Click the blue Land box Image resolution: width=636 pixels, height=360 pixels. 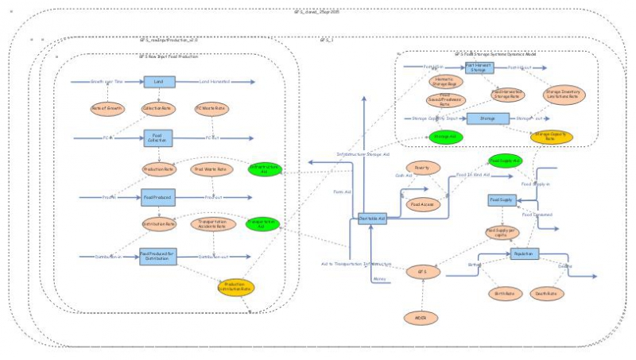158,82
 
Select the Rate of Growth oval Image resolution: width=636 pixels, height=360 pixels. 107,108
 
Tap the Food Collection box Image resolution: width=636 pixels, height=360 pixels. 158,139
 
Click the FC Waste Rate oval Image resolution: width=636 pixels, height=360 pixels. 211,108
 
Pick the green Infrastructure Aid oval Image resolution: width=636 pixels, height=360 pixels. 265,169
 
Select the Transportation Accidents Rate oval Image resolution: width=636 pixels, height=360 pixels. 211,225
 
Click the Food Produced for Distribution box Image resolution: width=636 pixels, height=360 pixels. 158,255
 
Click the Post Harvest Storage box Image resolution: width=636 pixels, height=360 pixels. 479,68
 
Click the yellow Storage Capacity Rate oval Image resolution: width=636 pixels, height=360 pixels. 552,137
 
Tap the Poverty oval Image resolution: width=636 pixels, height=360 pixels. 422,168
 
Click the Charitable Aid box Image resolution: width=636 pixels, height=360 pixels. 372,218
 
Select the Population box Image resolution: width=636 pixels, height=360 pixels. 523,254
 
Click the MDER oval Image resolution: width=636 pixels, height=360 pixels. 422,319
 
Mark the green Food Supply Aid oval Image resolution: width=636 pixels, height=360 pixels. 505,161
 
